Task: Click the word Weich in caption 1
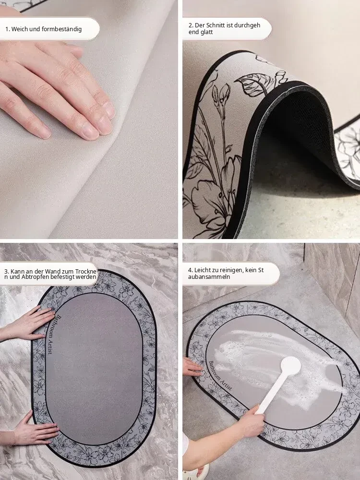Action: [18, 29]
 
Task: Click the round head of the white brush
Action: [290, 366]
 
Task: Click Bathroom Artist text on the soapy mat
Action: [220, 375]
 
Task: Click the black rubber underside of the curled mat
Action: [294, 122]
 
